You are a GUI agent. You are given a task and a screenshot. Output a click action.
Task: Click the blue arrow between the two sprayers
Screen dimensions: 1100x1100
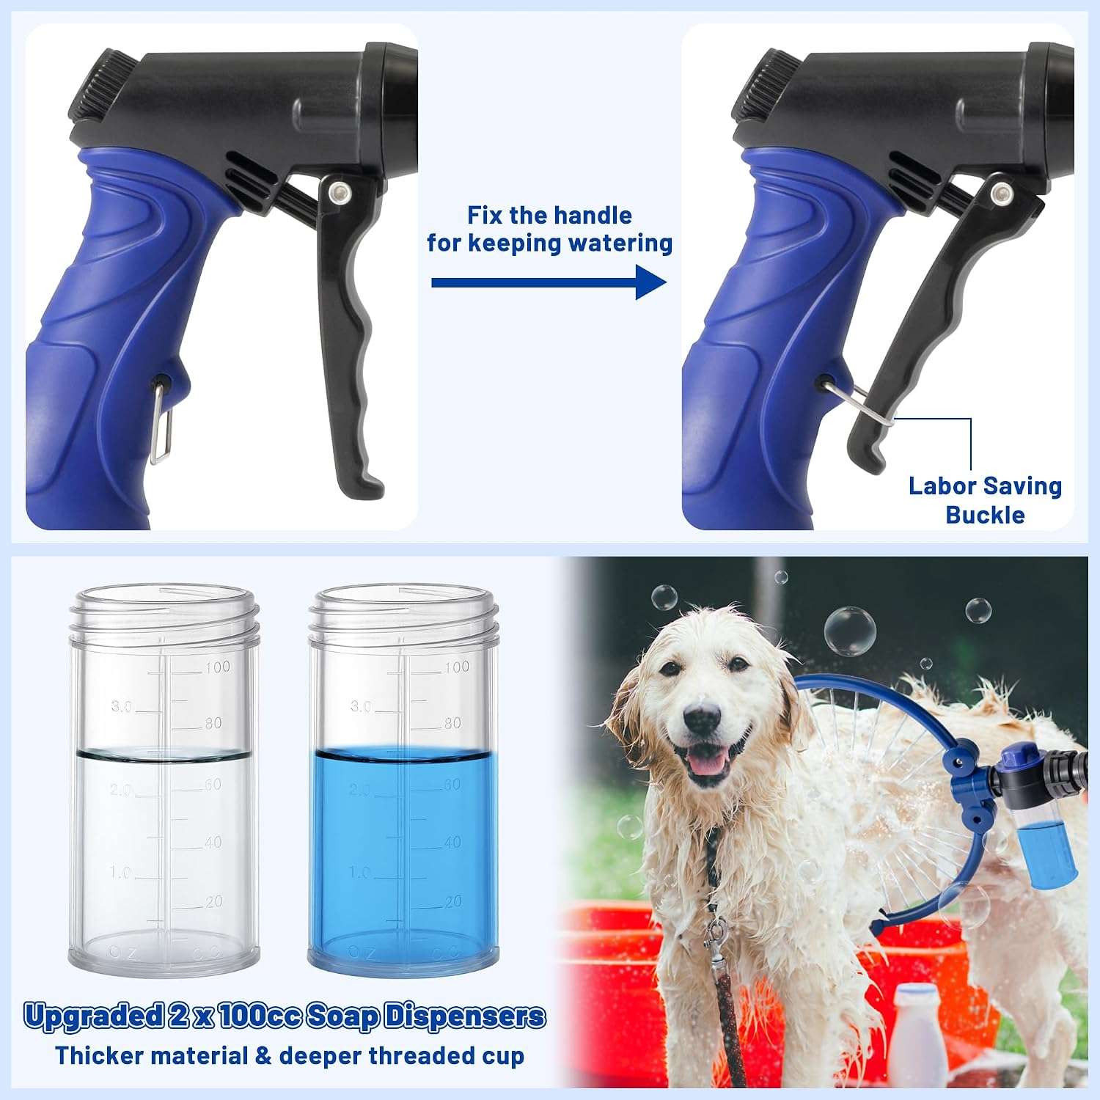[x=549, y=283]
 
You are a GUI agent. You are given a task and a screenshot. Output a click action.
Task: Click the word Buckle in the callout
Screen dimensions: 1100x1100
[x=985, y=515]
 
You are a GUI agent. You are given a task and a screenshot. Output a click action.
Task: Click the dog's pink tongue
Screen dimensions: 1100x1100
[x=707, y=763]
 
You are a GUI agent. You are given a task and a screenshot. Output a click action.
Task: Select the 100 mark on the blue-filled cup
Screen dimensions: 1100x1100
[x=456, y=667]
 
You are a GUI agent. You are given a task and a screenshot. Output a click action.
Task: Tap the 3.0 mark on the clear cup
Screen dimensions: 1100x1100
[x=122, y=706]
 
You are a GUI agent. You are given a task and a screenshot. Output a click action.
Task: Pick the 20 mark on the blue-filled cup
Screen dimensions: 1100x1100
[x=453, y=901]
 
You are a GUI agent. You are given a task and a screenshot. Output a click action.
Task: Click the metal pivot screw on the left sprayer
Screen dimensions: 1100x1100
[x=338, y=193]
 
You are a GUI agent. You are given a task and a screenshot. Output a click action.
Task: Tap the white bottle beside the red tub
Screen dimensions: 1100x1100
[x=917, y=1035]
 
